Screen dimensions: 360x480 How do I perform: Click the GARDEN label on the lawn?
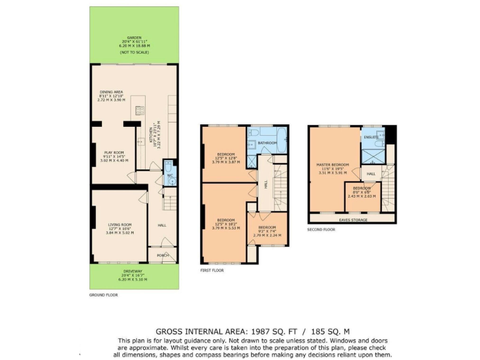[133, 37]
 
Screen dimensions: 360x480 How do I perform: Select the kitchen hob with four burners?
[141, 111]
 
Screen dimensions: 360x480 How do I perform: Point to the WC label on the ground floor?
[169, 176]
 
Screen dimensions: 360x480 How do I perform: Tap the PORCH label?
[163, 255]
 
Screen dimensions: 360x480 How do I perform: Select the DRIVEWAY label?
[132, 271]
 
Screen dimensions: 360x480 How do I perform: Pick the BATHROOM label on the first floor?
[267, 142]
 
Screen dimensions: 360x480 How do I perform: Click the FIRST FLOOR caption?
[211, 271]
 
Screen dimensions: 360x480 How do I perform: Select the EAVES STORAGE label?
[352, 219]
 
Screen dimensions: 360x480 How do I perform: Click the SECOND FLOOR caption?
[321, 229]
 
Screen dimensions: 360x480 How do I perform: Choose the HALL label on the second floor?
[371, 174]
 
